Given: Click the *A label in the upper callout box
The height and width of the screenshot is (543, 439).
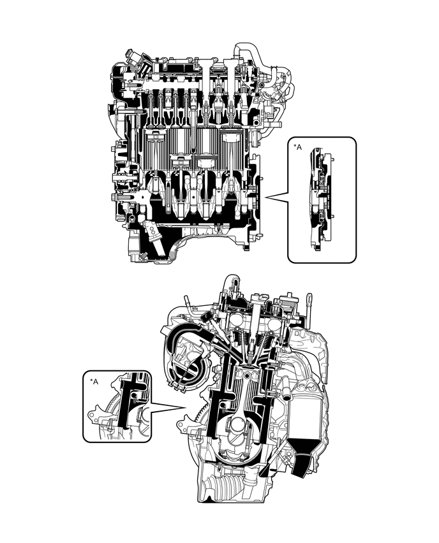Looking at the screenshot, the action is (x=298, y=147).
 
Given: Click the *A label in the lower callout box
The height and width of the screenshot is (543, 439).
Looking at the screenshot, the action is (x=94, y=381).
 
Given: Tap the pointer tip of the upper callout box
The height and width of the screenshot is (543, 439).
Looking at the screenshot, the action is (x=265, y=198).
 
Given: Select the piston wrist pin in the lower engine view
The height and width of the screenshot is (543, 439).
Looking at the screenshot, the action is (x=246, y=375).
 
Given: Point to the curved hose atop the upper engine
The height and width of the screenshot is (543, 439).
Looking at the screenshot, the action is (x=251, y=55).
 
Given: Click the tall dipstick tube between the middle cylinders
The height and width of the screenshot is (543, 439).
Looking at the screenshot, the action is (x=193, y=121).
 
